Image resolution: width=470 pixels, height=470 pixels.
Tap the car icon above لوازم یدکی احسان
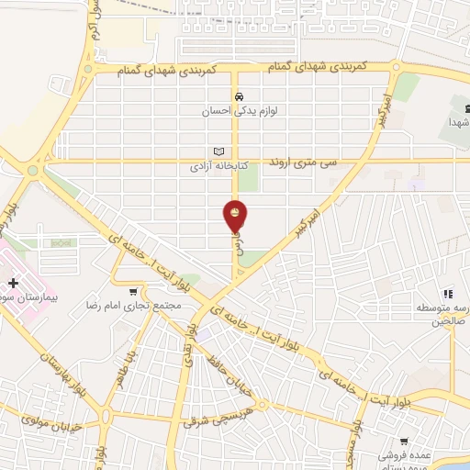[x=238, y=97]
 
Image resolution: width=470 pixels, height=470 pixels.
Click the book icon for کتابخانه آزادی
[x=218, y=152]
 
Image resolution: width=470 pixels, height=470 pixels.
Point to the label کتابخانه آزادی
[x=213, y=167]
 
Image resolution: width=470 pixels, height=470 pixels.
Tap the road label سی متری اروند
[x=303, y=162]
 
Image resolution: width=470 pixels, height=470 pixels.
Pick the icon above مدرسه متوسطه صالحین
[x=448, y=292]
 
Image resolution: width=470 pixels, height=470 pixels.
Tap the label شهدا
[x=459, y=122]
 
